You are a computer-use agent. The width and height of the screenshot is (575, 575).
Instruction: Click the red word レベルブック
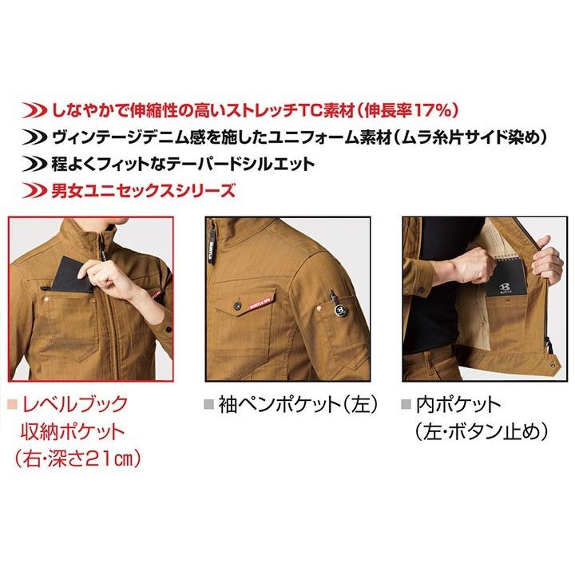73,403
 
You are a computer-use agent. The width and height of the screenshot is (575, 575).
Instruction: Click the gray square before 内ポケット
407,403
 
